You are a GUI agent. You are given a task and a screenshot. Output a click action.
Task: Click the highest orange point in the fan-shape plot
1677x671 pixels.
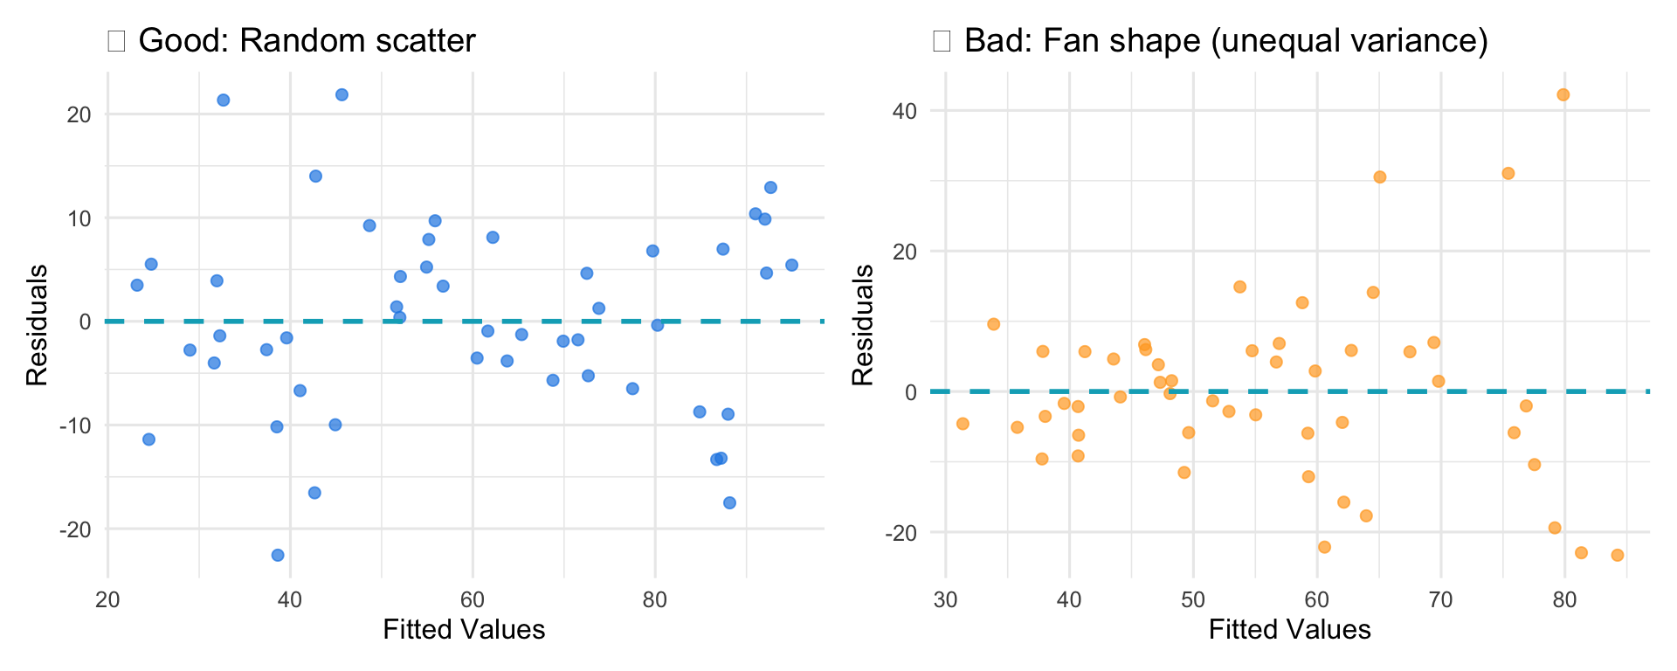tap(1563, 95)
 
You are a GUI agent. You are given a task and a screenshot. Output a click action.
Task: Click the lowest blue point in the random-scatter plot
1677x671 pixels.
tap(278, 555)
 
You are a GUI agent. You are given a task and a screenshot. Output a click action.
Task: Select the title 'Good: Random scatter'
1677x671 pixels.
tap(307, 40)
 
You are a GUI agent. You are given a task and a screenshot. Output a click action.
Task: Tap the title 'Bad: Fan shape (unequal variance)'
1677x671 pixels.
tap(1225, 40)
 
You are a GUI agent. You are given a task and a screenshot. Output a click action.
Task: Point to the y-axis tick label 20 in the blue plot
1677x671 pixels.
tap(79, 114)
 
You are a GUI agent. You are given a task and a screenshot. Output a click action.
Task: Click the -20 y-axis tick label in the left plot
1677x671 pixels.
tap(74, 529)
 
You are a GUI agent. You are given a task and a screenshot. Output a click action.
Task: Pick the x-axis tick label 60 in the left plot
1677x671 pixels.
tap(472, 599)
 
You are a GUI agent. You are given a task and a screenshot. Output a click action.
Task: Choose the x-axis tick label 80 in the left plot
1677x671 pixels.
tap(654, 599)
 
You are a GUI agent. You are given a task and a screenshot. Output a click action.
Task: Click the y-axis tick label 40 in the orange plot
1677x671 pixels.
tap(904, 111)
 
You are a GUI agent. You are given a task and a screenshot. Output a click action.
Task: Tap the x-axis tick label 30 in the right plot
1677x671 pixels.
tap(945, 599)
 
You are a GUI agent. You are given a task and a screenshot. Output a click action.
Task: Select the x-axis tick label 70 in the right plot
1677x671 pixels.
tap(1440, 599)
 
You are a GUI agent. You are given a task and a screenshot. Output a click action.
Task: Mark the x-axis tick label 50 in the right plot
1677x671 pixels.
tap(1193, 599)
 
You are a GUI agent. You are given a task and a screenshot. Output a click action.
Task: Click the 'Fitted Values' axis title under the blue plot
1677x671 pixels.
tap(464, 629)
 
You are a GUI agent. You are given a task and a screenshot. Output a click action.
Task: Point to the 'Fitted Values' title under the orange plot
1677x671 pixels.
tap(1290, 629)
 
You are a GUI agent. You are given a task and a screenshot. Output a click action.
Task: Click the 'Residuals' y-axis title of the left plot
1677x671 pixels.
tap(36, 325)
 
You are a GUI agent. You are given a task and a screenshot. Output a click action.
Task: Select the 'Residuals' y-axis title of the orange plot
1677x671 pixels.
tap(862, 325)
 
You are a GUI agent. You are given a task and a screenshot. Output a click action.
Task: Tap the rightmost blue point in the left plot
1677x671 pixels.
tap(791, 265)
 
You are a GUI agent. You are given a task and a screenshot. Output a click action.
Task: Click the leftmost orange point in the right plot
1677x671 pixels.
tap(963, 424)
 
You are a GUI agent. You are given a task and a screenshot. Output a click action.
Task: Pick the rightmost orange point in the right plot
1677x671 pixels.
tap(1617, 555)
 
